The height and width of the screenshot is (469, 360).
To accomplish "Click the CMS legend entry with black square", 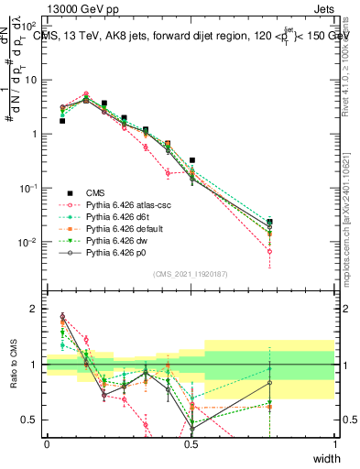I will tap(96, 192).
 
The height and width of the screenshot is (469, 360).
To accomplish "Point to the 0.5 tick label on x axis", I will tap(191, 444).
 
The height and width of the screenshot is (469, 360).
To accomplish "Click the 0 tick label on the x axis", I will tap(47, 444).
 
